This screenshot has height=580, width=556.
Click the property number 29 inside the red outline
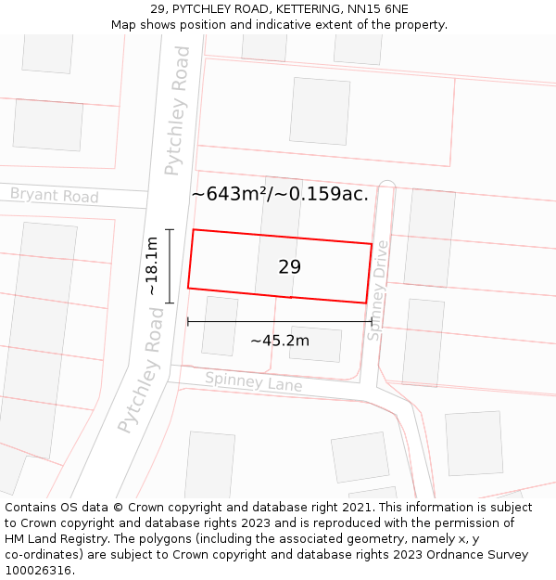coord(289,267)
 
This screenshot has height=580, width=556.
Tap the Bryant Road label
coord(54,196)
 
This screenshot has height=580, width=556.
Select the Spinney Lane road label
coord(253,380)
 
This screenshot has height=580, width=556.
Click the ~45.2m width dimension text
coord(279,341)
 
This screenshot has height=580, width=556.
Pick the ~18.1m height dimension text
coord(152,266)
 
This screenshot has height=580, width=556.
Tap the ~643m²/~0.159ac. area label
coord(280,194)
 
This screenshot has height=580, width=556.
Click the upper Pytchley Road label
coord(177,110)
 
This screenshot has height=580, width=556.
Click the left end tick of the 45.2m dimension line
coord(188,322)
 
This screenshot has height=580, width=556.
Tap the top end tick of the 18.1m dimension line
coord(170,229)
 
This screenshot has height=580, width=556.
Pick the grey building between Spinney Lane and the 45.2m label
coord(315,343)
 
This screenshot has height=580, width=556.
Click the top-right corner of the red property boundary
coord(372,244)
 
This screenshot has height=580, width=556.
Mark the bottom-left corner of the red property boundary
coord(188,288)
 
